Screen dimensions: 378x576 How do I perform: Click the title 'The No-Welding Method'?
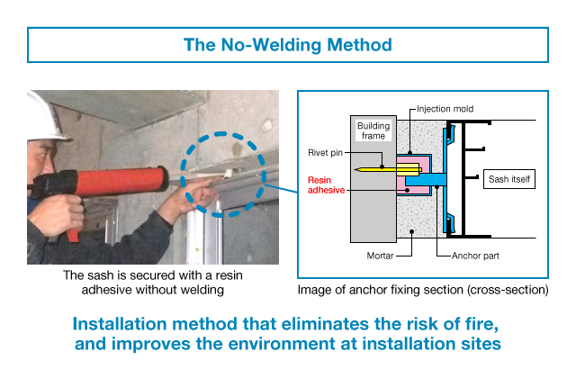[288, 43]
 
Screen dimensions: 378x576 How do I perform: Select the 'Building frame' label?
[373, 130]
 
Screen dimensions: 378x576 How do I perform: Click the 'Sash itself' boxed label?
[508, 178]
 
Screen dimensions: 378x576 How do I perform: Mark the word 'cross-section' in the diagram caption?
[508, 290]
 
